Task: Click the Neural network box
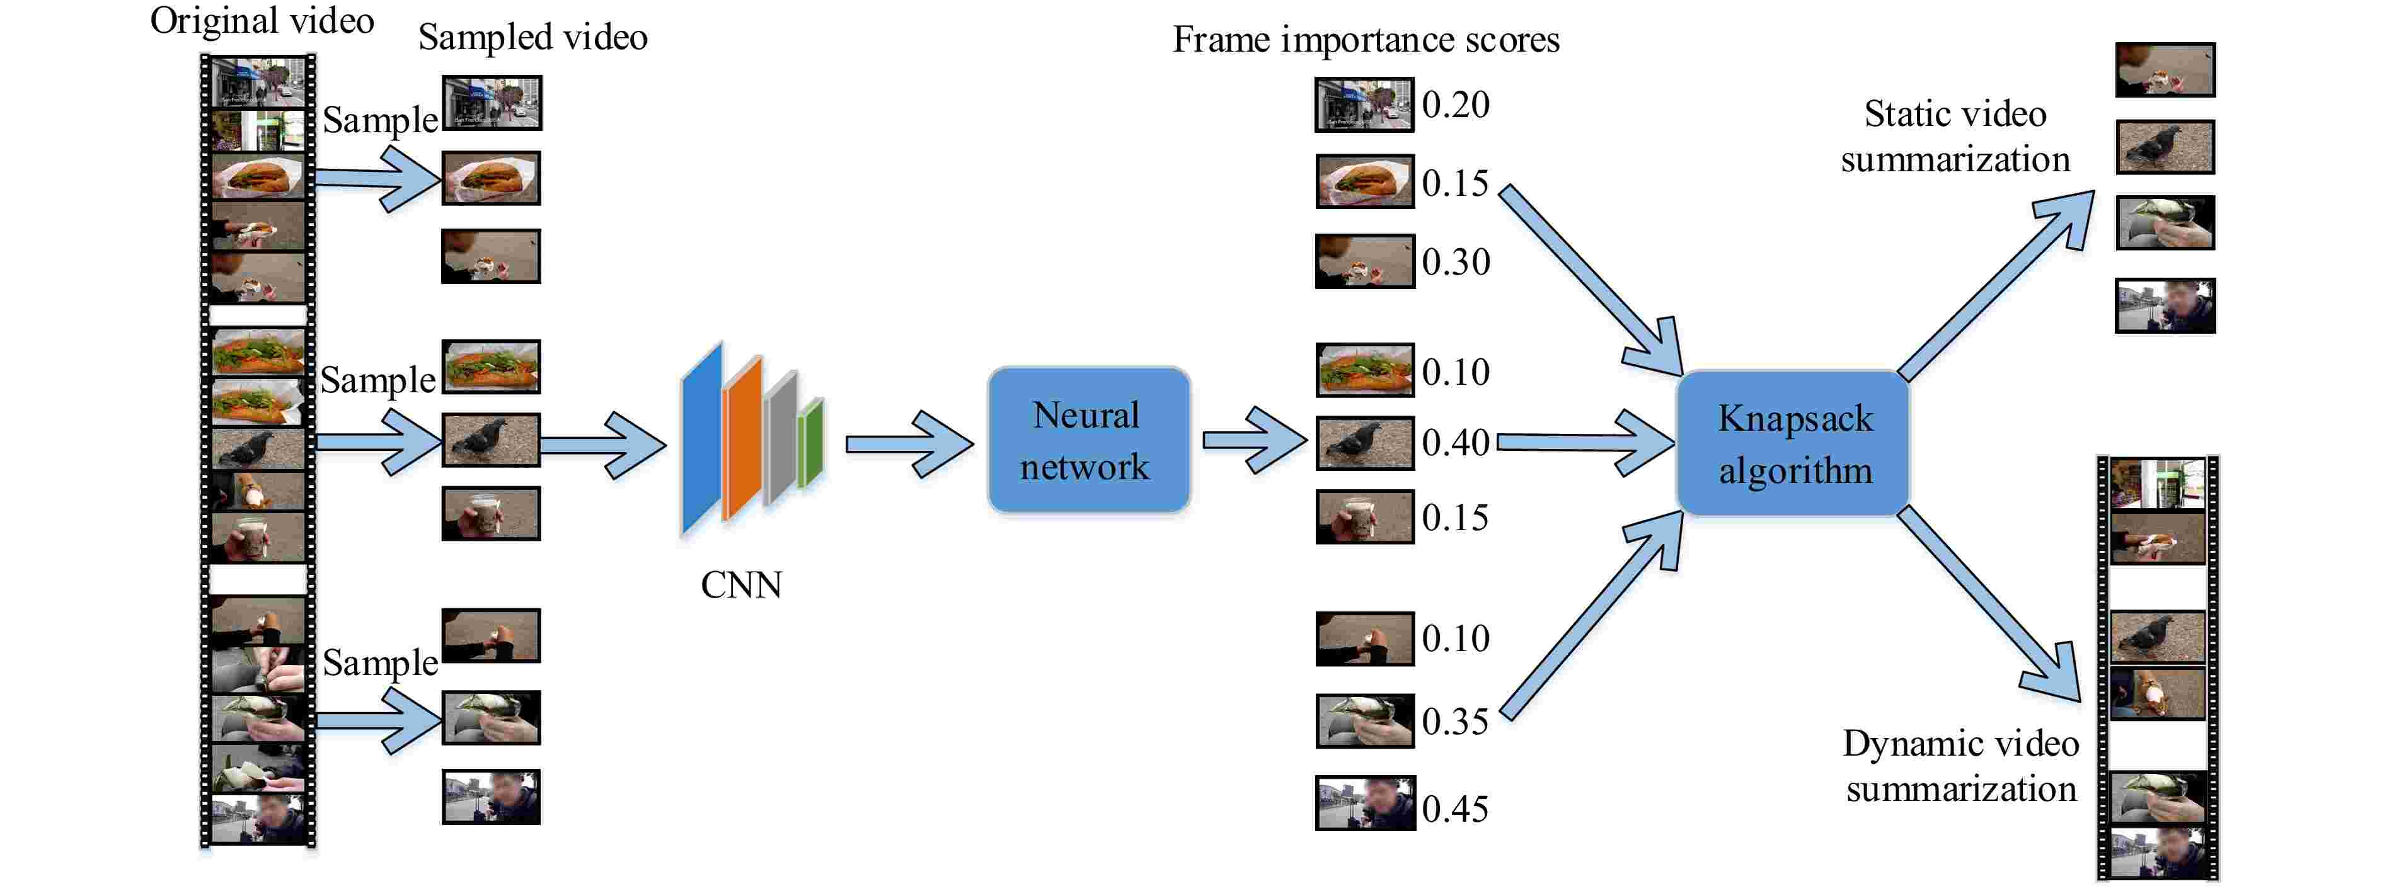click(1088, 441)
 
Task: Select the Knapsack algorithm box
click(1794, 444)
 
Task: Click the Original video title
click(262, 20)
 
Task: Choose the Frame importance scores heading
click(1366, 40)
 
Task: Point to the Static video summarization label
click(1955, 137)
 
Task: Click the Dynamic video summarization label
click(1960, 766)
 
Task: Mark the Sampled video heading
click(532, 37)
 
